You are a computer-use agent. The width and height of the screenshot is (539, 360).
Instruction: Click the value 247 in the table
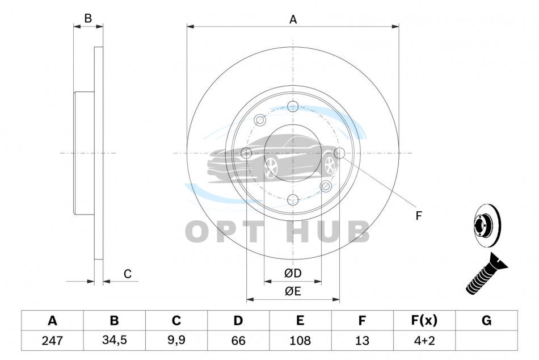pos(52,340)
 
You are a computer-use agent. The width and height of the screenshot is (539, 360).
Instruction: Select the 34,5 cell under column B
pos(115,340)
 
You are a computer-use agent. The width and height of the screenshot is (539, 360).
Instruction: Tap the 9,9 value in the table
pos(176,340)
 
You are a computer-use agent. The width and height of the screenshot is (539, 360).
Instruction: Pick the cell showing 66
pos(238,340)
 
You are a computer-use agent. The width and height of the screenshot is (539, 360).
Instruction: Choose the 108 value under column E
pos(300,340)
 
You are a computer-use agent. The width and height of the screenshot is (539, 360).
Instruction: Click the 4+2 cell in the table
pos(424,340)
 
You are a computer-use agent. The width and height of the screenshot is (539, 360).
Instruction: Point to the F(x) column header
pos(424,320)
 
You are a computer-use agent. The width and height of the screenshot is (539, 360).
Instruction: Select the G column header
pos(486,320)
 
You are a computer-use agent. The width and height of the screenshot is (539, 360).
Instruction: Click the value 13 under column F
pos(362,340)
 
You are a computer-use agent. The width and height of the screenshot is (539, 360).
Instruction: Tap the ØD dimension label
pos(293,273)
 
